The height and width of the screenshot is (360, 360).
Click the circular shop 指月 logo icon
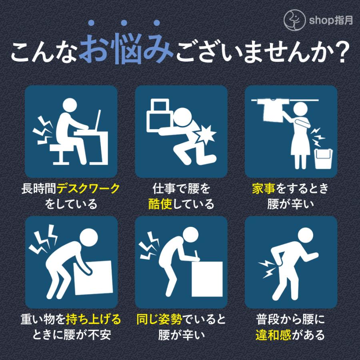pos(294,20)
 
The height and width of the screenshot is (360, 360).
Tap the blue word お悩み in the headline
pos(126,49)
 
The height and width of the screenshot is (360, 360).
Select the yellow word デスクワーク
pos(88,189)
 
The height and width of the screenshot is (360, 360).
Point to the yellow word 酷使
pos(160,204)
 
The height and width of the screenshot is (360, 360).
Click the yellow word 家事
pos(264,189)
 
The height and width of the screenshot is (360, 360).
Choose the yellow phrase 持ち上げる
pos(93,319)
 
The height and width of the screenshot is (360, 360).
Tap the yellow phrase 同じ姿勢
pos(159,319)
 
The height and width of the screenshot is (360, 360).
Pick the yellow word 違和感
pos(273,335)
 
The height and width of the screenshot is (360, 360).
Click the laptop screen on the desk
pos(98,120)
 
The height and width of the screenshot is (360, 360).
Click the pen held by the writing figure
pos(196,254)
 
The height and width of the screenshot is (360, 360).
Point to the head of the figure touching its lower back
pos(306,235)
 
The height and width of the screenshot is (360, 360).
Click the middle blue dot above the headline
pos(124,23)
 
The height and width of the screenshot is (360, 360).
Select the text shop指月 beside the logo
pos(331,20)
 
